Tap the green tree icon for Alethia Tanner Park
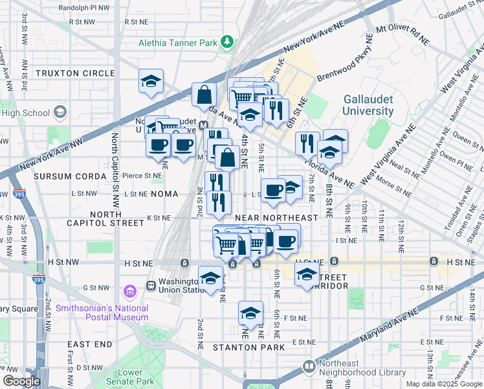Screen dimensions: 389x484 [x=227, y=43]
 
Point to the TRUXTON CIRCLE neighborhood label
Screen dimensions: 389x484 [x=74, y=73]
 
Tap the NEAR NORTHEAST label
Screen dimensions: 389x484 [x=276, y=218]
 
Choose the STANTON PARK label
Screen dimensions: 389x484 [x=252, y=348]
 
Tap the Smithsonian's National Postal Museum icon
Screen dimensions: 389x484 [x=129, y=292]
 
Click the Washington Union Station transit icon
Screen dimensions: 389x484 [x=151, y=285]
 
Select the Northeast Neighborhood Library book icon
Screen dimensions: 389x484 [x=309, y=367]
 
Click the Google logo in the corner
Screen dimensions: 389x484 [x=21, y=381]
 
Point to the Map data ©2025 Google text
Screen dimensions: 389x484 [x=444, y=383]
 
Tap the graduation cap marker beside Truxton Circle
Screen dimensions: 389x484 [x=151, y=82]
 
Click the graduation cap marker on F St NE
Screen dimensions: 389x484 [x=250, y=314]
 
